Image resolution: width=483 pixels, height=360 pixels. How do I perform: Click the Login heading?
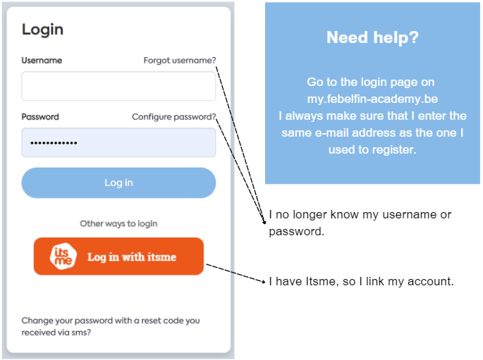click(x=42, y=30)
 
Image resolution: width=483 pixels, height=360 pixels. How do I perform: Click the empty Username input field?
click(x=118, y=86)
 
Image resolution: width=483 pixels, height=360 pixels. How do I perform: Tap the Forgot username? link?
click(x=180, y=61)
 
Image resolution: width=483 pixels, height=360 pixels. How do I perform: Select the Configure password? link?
click(x=173, y=117)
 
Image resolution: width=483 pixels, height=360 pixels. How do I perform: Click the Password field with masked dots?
click(x=118, y=143)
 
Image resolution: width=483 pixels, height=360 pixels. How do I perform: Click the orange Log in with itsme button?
click(x=118, y=256)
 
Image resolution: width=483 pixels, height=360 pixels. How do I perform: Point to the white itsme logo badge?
click(x=63, y=256)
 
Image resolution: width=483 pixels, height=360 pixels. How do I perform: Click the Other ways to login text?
click(x=118, y=224)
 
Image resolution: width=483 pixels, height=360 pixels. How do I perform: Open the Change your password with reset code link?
click(x=111, y=326)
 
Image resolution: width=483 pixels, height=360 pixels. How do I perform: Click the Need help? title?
click(x=372, y=37)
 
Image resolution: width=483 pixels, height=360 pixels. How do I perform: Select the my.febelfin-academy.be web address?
click(x=372, y=99)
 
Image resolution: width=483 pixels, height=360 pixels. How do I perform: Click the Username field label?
click(x=42, y=61)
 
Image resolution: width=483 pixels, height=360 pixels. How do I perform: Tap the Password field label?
click(x=40, y=117)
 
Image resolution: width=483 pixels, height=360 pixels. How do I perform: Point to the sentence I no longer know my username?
click(x=360, y=223)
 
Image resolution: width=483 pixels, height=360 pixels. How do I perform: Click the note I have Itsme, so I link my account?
click(x=361, y=282)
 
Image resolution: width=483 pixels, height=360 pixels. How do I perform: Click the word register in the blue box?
click(x=393, y=150)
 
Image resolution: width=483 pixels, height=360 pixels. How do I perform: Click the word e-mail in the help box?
click(x=332, y=133)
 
